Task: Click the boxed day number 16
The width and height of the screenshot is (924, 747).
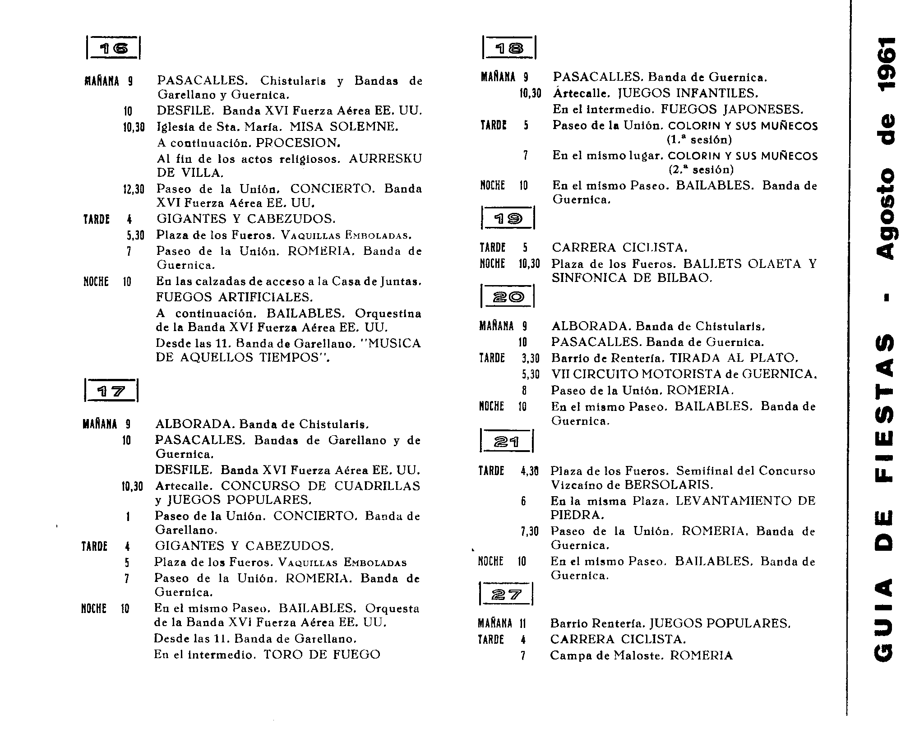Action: pyautogui.click(x=113, y=48)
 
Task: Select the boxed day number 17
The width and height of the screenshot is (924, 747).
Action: pyautogui.click(x=111, y=391)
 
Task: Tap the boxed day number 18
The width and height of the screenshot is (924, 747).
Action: pyautogui.click(x=509, y=48)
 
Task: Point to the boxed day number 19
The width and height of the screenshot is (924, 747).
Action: pyautogui.click(x=508, y=219)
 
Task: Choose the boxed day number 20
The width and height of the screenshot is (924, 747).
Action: pyautogui.click(x=508, y=297)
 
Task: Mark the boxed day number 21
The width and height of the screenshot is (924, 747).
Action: pyautogui.click(x=507, y=442)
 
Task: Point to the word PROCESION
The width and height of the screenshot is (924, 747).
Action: pyautogui.click(x=298, y=143)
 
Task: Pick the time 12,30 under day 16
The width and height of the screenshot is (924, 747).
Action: pyautogui.click(x=134, y=189)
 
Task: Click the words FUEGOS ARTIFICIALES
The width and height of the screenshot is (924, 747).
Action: pyautogui.click(x=234, y=298)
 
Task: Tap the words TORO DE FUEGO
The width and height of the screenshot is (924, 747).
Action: pyautogui.click(x=322, y=655)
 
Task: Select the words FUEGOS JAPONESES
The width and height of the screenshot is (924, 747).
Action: pyautogui.click(x=732, y=110)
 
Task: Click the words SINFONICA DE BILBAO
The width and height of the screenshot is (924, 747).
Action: pyautogui.click(x=632, y=278)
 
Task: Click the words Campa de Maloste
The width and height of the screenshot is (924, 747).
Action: pyautogui.click(x=606, y=655)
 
